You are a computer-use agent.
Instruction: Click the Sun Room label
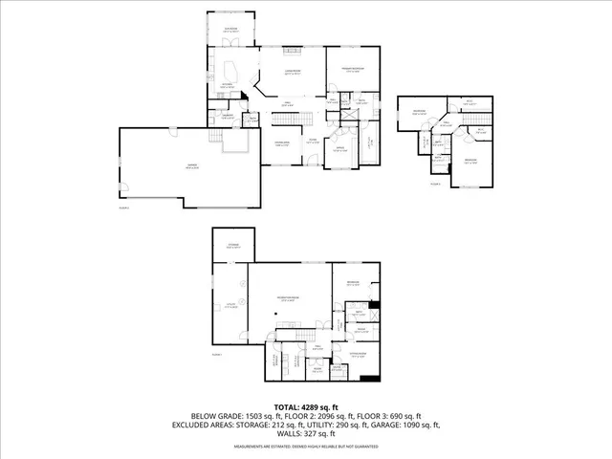[x=230, y=29]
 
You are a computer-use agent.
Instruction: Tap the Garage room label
[x=191, y=165]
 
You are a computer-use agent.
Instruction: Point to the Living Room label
[x=292, y=73]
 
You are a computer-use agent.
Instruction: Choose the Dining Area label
[x=281, y=143]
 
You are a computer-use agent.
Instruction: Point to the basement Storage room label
[x=232, y=247]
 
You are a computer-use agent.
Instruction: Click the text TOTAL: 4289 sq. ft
[x=305, y=407]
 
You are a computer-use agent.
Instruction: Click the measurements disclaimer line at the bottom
[x=305, y=446]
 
